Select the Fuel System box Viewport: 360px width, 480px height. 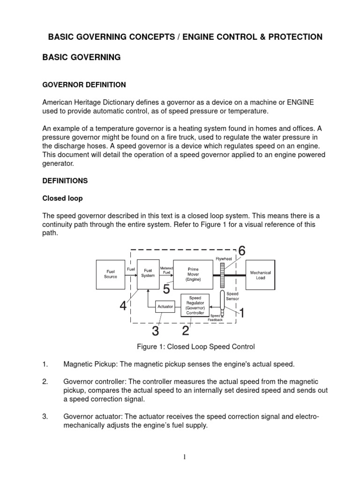[148, 273]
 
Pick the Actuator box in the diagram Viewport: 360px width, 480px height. [165, 307]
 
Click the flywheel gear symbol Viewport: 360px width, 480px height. [222, 275]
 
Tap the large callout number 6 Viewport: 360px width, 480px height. [241, 251]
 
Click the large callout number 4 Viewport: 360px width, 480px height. [123, 306]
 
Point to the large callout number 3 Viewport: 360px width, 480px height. [155, 331]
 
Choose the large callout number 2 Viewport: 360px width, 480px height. [186, 331]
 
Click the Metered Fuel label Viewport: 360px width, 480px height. [167, 270]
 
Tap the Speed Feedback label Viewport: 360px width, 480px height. [215, 317]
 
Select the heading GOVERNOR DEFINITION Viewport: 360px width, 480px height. [84, 85]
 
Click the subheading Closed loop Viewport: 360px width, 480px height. [62, 198]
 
